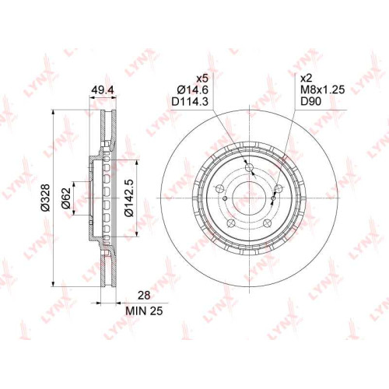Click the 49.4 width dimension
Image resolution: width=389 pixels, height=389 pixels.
tap(103, 90)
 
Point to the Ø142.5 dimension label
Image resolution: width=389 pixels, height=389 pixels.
tap(129, 198)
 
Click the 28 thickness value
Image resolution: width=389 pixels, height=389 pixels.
tap(144, 296)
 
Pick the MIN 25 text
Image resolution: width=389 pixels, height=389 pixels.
tap(144, 310)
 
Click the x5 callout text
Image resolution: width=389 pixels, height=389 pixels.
tap(202, 78)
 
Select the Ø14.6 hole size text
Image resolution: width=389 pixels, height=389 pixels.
tap(192, 89)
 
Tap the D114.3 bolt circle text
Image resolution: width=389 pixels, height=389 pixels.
tap(190, 102)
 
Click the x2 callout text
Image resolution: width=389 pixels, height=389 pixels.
tap(307, 78)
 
